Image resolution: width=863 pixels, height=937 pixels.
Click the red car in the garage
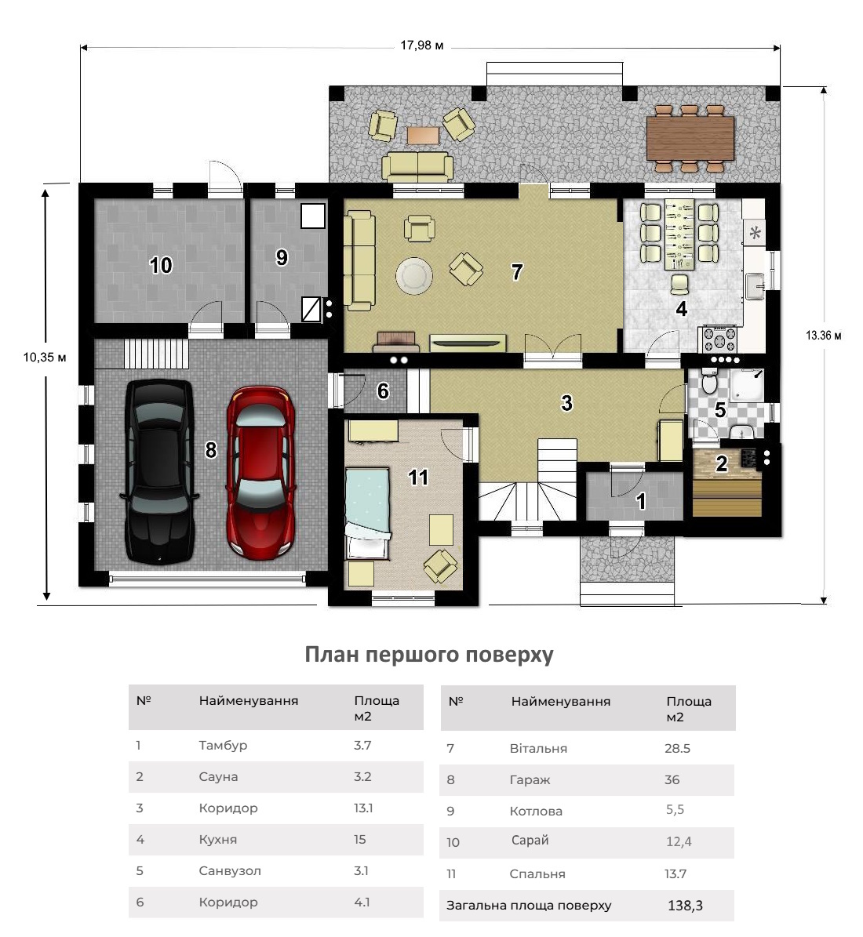[260, 473]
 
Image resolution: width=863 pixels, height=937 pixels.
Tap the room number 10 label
[161, 265]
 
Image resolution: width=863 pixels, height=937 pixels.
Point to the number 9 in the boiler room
[282, 257]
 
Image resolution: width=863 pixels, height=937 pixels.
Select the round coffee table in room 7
[414, 276]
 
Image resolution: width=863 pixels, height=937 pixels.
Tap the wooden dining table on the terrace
[690, 138]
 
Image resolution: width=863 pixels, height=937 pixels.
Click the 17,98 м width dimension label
[422, 45]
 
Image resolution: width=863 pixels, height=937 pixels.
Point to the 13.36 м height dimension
[824, 336]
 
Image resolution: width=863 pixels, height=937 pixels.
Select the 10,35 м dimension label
[45, 358]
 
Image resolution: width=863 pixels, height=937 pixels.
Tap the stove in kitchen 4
[719, 340]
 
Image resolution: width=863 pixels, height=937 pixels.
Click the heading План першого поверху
[429, 655]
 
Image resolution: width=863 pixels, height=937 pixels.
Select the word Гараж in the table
[530, 780]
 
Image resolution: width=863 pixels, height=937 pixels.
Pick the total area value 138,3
[686, 906]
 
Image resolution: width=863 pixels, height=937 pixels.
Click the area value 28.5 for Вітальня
[678, 748]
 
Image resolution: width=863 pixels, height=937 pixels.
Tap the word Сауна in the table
[218, 777]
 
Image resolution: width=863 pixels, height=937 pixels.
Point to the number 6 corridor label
[383, 390]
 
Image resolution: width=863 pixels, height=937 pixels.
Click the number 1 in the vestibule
[641, 501]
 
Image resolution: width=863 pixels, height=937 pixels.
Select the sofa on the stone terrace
[417, 166]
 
